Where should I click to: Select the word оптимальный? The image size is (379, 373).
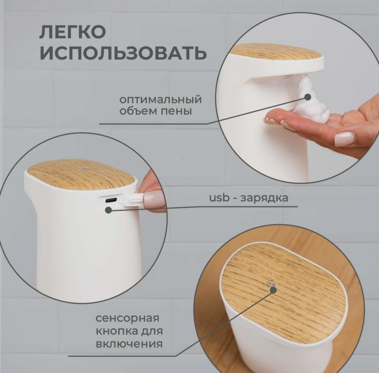[160, 99]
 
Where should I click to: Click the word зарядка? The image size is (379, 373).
[265, 198]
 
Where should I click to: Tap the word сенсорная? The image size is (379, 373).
[127, 318]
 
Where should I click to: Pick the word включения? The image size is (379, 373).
[129, 343]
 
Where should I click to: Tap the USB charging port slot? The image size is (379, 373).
[111, 200]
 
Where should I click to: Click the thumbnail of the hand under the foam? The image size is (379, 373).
[344, 139]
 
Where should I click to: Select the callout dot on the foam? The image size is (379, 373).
[308, 97]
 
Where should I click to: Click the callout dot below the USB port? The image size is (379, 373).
[109, 210]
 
